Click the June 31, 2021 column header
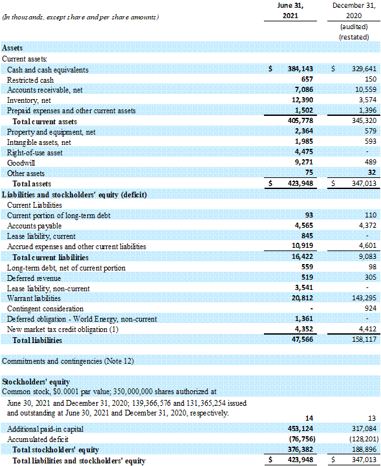(x=290, y=10)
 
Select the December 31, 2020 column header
(x=354, y=10)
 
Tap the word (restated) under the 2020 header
(x=354, y=37)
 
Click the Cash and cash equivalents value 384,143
(x=300, y=69)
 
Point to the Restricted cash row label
(x=30, y=80)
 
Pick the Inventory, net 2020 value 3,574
(x=367, y=100)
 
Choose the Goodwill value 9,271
(x=304, y=162)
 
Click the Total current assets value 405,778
(x=300, y=120)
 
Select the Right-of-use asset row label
(x=35, y=153)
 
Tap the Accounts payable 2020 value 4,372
(x=367, y=226)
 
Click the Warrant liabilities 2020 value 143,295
(x=364, y=298)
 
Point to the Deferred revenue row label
(x=34, y=278)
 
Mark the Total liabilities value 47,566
(x=302, y=339)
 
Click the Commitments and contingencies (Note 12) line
(x=68, y=361)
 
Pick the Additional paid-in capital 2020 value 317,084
(x=364, y=429)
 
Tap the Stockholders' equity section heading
(x=36, y=382)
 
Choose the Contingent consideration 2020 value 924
(x=371, y=308)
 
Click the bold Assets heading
(x=12, y=48)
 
